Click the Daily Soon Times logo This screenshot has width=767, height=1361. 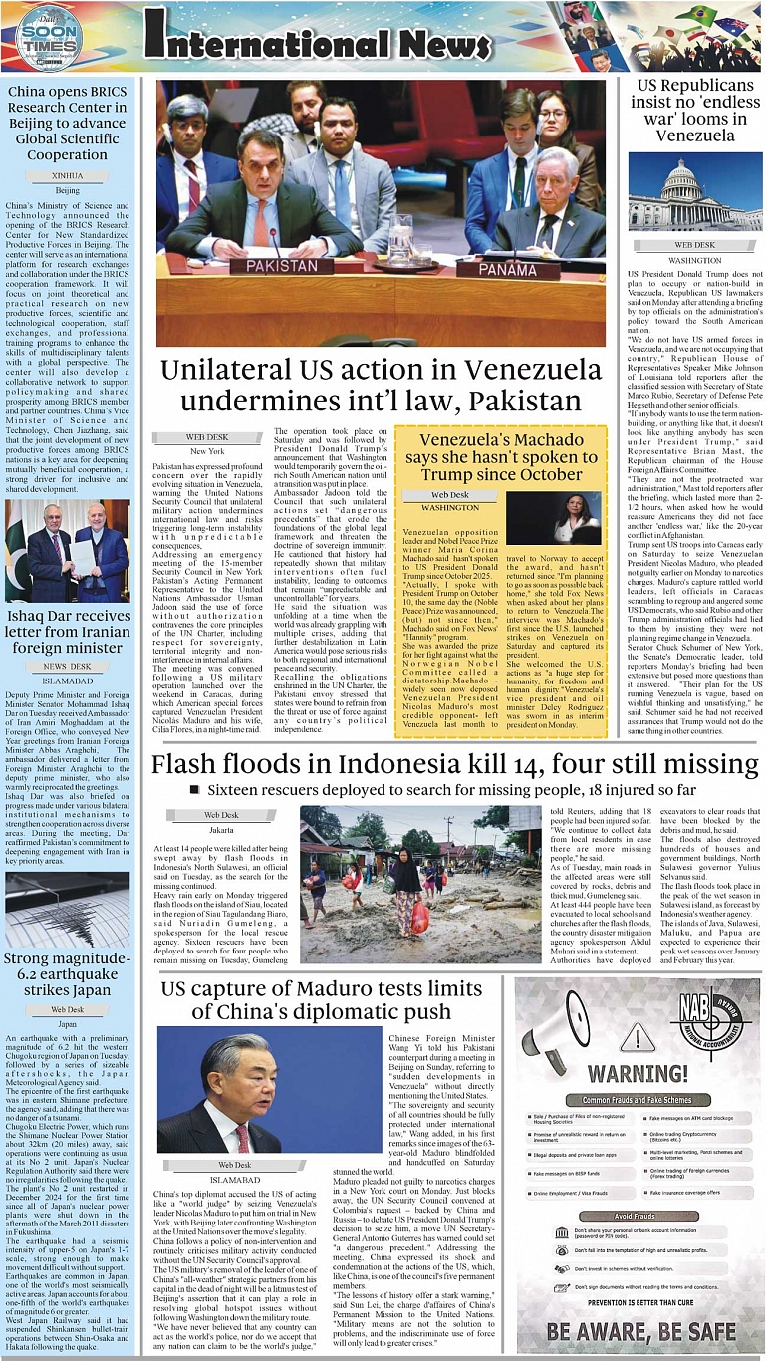pyautogui.click(x=47, y=36)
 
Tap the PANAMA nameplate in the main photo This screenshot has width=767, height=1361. pyautogui.click(x=522, y=268)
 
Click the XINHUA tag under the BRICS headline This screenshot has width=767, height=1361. pyautogui.click(x=68, y=175)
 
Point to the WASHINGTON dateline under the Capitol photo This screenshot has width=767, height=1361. pyautogui.click(x=694, y=260)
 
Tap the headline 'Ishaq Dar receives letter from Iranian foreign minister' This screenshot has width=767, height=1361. pyautogui.click(x=68, y=633)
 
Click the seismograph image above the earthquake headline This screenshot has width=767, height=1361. pyautogui.click(x=68, y=910)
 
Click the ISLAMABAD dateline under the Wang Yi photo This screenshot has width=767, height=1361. pyautogui.click(x=235, y=1179)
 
